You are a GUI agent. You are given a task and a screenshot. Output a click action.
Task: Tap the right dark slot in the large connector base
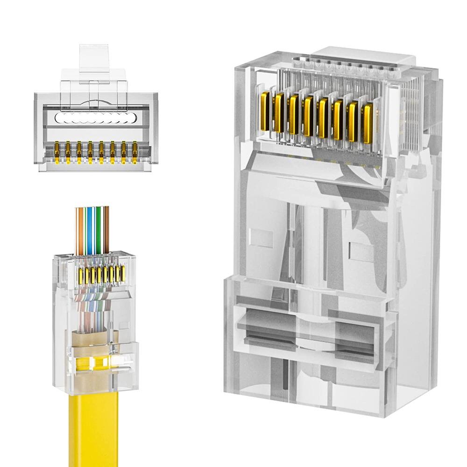(x=357, y=327)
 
